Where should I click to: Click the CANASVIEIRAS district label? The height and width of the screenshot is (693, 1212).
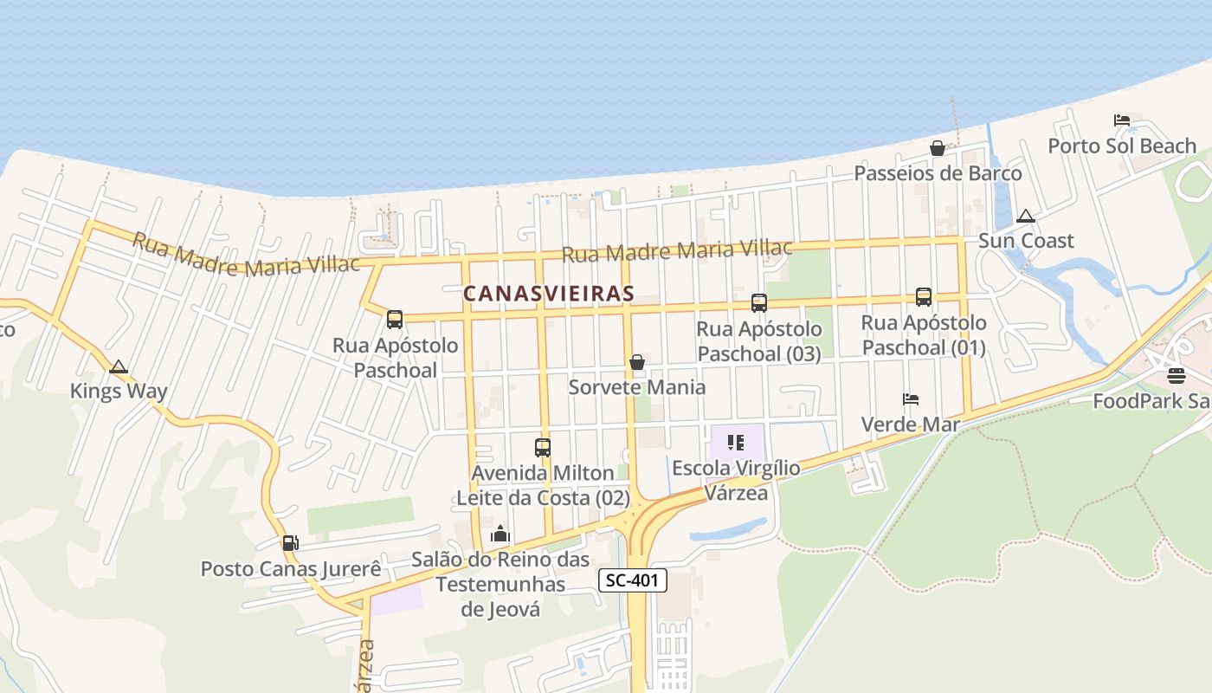point(548,294)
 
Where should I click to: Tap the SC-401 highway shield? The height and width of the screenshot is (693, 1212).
point(632,580)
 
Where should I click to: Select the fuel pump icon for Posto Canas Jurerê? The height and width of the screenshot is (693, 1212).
point(290,543)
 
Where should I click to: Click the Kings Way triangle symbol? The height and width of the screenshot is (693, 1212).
point(119,366)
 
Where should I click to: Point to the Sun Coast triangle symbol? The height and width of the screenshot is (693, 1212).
point(1026,216)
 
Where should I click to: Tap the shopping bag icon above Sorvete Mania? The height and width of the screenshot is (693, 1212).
point(637,362)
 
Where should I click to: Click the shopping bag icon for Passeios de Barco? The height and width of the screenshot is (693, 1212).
point(937,148)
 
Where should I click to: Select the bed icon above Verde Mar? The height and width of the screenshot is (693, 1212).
point(910,399)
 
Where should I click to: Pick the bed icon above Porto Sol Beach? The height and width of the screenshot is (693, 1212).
point(1122,120)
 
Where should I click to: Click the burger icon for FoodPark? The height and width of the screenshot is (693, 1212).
point(1176,376)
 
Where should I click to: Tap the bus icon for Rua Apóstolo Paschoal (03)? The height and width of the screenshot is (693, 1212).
point(758,303)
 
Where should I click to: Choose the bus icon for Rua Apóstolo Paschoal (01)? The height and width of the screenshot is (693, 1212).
point(923,297)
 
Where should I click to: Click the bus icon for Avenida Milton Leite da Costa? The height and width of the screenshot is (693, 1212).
point(543,448)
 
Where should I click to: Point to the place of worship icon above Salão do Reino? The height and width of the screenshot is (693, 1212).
point(500,534)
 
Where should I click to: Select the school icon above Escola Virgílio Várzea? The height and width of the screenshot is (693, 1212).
point(736,444)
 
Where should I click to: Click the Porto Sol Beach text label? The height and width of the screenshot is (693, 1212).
point(1122,146)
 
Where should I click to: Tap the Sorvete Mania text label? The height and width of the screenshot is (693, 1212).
point(636,387)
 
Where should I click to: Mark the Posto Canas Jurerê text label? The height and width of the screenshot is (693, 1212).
point(291,569)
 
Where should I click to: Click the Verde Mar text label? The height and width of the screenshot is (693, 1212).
point(910,424)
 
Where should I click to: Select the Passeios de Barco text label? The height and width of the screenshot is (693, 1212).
point(938,173)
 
